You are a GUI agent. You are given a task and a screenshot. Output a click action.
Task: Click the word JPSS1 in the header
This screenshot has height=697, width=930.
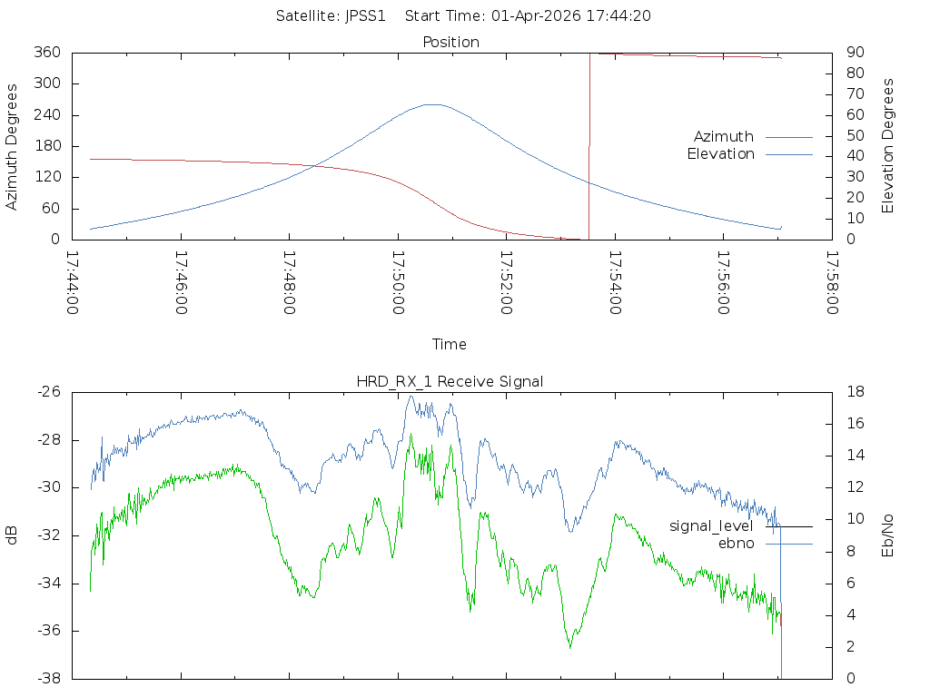371,15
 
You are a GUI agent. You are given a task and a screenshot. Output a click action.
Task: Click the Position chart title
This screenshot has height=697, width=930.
451,42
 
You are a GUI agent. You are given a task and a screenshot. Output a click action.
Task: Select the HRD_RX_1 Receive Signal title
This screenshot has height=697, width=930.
450,381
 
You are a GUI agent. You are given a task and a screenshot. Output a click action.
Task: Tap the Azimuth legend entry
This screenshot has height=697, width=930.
724,136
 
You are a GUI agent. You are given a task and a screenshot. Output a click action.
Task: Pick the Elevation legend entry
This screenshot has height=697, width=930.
720,154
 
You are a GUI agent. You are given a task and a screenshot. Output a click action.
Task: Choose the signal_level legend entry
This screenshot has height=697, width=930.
711,526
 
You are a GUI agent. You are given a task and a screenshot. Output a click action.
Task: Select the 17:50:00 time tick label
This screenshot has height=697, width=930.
399,282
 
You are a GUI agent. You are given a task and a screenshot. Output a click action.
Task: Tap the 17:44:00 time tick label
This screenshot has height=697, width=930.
74,282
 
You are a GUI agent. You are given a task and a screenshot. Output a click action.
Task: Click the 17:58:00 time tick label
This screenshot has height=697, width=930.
832,282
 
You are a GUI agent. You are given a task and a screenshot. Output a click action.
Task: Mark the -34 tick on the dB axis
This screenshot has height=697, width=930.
48,583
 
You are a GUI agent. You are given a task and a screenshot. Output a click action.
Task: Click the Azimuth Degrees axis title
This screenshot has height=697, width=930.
13,146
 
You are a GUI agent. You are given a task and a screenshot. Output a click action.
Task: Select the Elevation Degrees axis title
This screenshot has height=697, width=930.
888,146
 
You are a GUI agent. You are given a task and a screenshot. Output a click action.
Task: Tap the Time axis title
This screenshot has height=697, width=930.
450,344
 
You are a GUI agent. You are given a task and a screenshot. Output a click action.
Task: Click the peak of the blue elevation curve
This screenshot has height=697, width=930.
433,104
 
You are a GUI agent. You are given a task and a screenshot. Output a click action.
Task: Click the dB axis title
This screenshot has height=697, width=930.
13,535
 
